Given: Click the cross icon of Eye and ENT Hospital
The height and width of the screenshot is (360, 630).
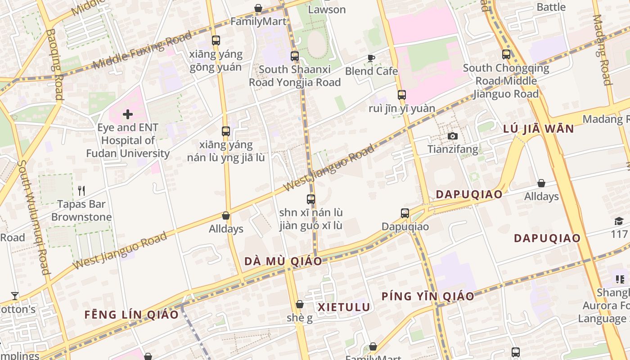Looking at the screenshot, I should tap(128, 114).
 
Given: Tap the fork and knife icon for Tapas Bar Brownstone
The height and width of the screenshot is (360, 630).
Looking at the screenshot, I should tap(81, 191).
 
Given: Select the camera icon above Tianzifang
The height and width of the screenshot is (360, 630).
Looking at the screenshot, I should tap(452, 136).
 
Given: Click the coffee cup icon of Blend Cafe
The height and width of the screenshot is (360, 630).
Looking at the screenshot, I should tap(371, 58).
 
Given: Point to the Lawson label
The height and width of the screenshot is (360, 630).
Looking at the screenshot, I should tap(327, 9).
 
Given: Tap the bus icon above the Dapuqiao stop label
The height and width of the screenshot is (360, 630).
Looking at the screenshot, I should tap(405, 213).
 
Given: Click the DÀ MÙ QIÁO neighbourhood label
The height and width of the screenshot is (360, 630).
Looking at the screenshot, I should tap(283, 261).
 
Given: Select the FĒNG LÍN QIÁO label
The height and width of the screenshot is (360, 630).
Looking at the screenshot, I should tap(131, 314).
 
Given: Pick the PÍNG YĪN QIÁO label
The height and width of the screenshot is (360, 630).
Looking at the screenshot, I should tap(428, 296).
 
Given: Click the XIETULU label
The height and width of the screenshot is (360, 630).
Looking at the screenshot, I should tap(344, 307).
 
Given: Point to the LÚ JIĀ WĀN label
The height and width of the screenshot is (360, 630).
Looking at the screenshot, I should tap(538, 129).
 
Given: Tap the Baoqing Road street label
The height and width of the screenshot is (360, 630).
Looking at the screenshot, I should tap(54, 64).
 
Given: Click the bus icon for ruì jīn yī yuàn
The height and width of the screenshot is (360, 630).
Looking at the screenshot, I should tap(402, 95).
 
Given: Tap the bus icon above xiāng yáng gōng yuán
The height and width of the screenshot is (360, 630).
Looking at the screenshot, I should tap(216, 40).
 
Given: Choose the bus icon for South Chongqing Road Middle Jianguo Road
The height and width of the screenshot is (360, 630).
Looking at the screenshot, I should tap(506, 54).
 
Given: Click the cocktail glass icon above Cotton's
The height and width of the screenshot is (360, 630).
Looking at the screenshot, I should tap(15, 296).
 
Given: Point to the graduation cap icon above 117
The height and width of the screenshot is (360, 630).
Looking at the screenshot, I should tap(619, 221).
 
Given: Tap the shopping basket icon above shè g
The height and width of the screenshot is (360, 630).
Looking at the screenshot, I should tap(300, 305).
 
